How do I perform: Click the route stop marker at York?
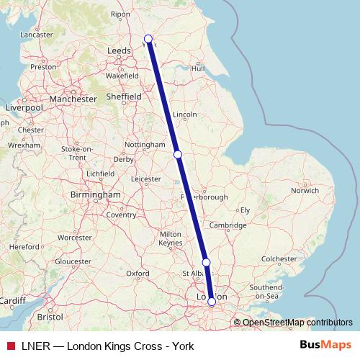(148, 39)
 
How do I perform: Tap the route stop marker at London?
(211, 302)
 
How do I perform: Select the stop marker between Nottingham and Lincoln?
(178, 154)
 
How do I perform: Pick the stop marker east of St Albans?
(206, 263)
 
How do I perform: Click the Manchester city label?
(73, 99)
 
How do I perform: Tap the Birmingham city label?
(96, 194)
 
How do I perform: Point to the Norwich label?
(305, 191)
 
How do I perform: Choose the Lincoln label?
(185, 114)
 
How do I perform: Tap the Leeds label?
(118, 51)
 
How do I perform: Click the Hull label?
(198, 69)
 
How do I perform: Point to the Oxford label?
(138, 274)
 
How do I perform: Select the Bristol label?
(50, 316)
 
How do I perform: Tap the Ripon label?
(140, 14)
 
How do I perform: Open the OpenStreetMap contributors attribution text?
(292, 322)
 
